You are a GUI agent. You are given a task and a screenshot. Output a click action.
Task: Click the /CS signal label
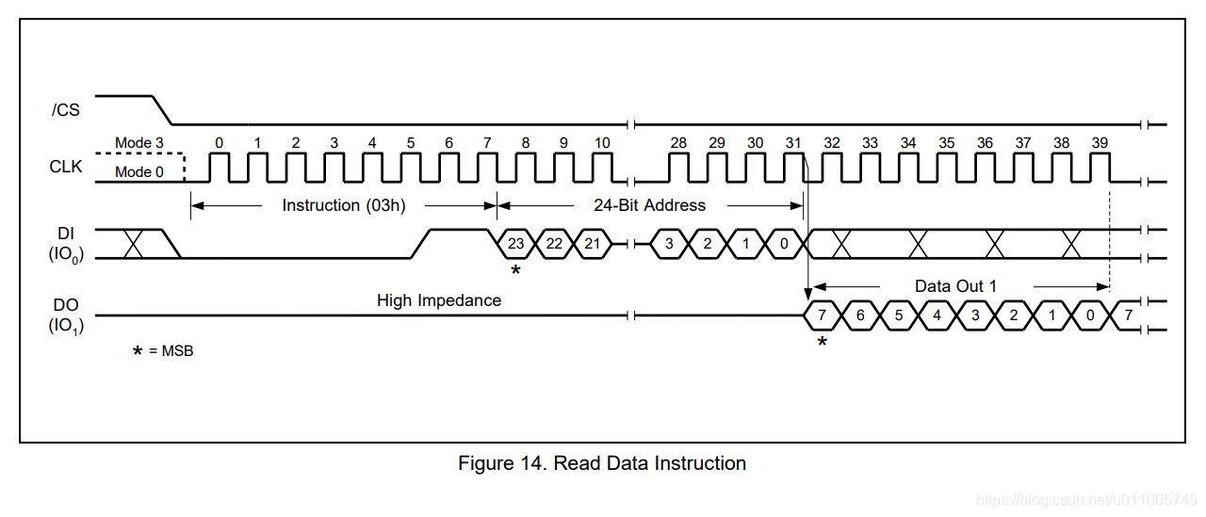click(66, 110)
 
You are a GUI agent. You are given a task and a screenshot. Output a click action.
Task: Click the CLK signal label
click(66, 168)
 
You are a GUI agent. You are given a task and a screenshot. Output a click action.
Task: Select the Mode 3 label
click(139, 143)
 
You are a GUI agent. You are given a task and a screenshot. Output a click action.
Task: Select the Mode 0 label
click(139, 172)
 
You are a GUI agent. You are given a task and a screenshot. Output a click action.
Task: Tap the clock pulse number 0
click(220, 143)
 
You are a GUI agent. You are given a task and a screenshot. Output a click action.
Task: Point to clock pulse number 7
click(487, 143)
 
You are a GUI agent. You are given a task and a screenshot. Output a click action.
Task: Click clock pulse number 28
click(678, 143)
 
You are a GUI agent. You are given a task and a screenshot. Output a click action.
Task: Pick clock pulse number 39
click(1100, 143)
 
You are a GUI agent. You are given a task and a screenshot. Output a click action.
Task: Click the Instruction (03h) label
click(344, 205)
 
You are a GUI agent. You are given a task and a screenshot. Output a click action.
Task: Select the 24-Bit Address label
click(649, 205)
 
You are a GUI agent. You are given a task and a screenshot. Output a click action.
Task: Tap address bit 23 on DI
click(515, 244)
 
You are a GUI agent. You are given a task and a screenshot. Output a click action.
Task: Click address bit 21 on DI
click(592, 244)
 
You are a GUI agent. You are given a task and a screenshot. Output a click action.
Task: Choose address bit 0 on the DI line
click(784, 244)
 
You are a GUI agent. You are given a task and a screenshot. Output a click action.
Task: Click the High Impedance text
click(439, 301)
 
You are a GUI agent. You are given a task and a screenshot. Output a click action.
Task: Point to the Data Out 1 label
click(955, 286)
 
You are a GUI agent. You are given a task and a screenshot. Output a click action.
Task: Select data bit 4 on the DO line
click(937, 315)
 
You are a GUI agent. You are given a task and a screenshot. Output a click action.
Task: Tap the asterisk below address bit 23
click(515, 271)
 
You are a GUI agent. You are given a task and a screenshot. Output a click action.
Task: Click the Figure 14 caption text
click(602, 463)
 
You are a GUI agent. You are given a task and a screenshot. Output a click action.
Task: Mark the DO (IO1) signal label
click(66, 315)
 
